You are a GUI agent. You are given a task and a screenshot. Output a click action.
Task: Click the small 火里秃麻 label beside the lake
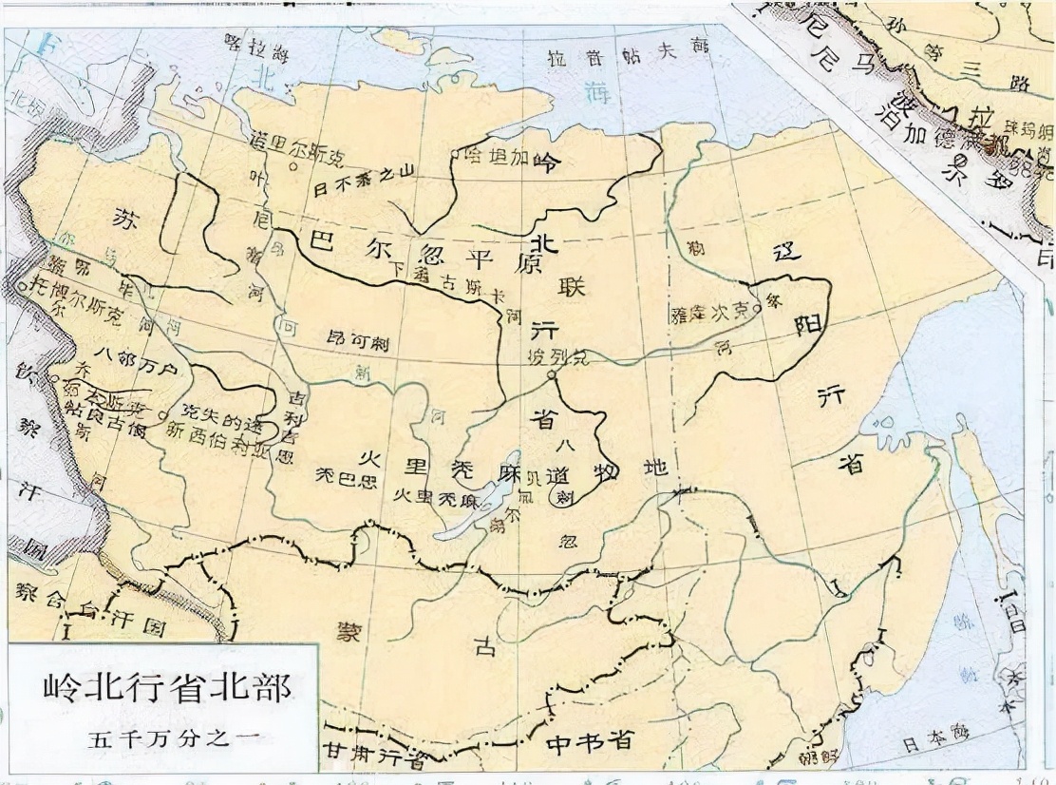point(424,497)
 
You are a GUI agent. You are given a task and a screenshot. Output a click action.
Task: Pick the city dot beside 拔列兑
point(550,374)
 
